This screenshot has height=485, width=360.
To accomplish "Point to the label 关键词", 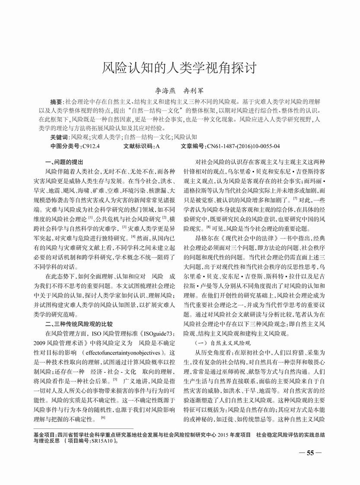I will point(60,136).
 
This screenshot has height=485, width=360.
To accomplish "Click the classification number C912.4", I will point(91,146).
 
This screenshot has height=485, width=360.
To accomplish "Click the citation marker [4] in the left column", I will point(134,236).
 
